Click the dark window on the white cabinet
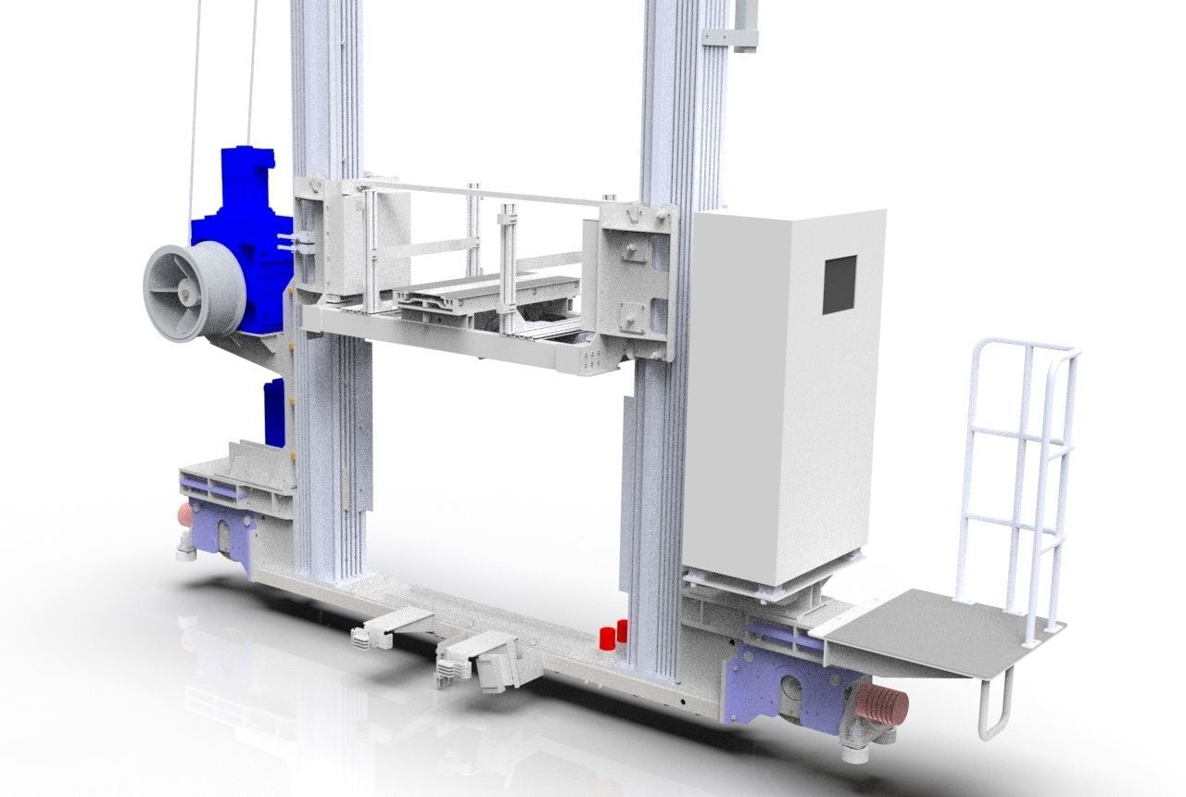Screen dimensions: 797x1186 pyautogui.click(x=841, y=284)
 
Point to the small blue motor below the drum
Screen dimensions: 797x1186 pyautogui.click(x=275, y=412)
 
